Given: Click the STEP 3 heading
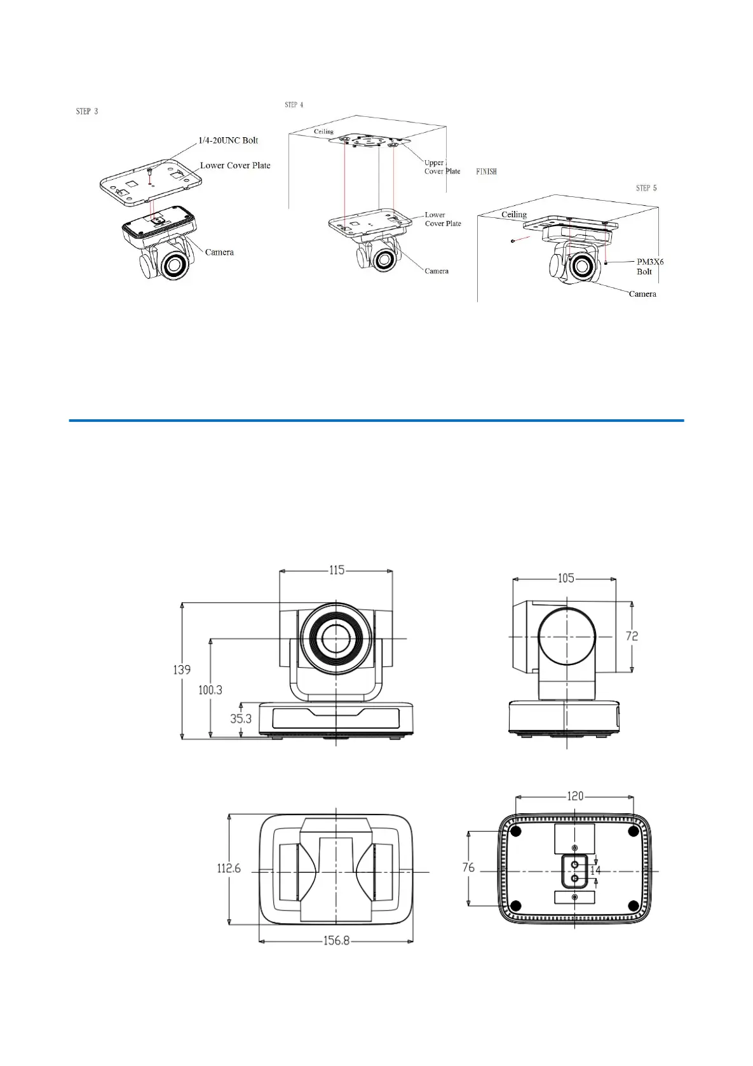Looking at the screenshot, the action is click(87, 111).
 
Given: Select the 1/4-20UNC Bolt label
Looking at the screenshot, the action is click(229, 140).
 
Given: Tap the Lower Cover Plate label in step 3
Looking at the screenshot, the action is click(235, 165).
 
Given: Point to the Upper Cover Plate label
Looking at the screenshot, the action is click(442, 167).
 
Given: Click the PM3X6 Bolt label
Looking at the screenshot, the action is click(650, 267).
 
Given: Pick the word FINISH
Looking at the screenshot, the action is click(487, 172).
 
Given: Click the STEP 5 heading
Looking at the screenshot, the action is click(646, 188).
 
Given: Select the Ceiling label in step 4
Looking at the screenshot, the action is click(323, 132).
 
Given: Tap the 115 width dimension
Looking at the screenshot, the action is click(337, 570).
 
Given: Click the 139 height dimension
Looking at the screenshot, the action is click(182, 670).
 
